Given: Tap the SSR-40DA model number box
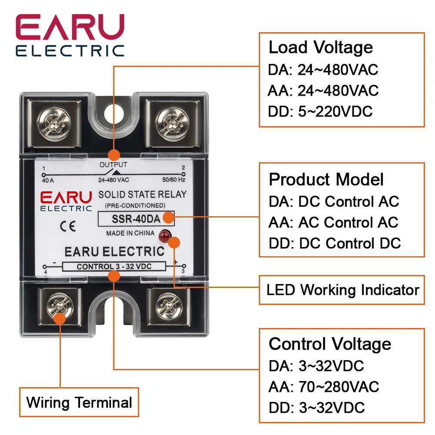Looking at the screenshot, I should [137, 219].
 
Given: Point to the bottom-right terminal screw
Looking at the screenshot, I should [168, 304].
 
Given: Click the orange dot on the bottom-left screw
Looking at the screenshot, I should [60, 319].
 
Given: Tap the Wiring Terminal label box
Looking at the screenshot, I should [79, 402].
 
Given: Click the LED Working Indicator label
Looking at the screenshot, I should [342, 290].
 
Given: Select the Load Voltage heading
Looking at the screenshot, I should [321, 47].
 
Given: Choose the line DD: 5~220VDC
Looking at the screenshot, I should [321, 111].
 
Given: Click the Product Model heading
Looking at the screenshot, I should [326, 179].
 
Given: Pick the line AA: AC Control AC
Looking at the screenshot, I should [333, 222].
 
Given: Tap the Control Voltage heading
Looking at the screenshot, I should [330, 344].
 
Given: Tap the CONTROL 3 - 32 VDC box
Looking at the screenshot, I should [114, 267].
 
